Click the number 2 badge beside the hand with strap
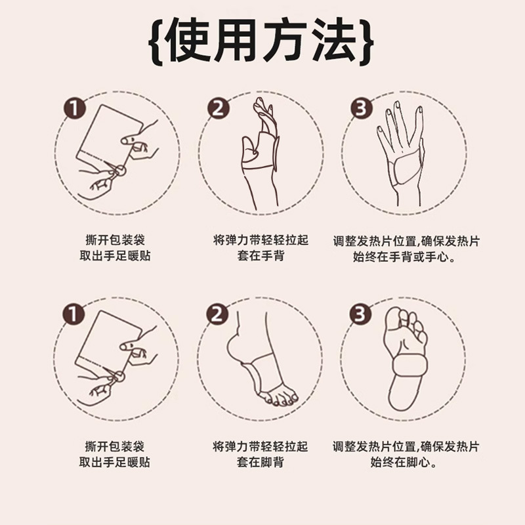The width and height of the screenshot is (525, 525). coord(219,108)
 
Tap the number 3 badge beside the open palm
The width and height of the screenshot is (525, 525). coord(360,108)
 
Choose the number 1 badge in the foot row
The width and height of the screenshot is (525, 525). coord(76,314)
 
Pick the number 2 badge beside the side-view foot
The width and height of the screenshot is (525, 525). coord(219,314)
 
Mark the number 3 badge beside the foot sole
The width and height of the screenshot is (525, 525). coord(360,314)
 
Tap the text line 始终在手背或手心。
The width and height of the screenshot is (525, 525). coord(405,257)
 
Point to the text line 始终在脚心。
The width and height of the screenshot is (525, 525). coord(405,463)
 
